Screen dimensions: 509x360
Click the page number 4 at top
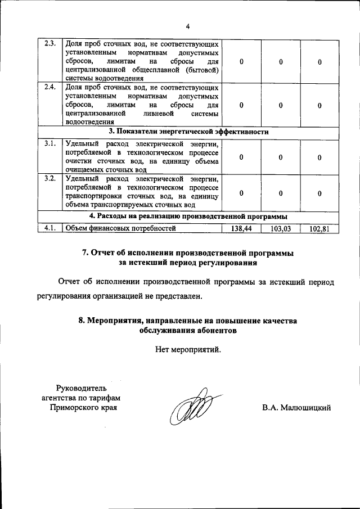click(x=188, y=25)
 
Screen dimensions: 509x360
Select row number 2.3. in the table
click(x=50, y=44)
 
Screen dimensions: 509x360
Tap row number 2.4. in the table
click(x=50, y=88)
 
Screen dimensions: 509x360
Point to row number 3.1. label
click(x=50, y=143)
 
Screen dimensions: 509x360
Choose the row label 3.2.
click(x=50, y=179)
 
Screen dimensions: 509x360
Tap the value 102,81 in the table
click(x=319, y=228)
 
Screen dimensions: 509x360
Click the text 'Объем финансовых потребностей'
click(x=120, y=228)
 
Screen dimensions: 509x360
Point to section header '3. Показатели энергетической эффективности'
click(x=188, y=132)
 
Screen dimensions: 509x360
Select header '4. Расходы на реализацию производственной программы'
click(x=188, y=216)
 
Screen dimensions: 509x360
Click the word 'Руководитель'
click(x=82, y=388)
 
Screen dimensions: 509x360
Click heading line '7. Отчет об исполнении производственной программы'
click(x=188, y=253)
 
